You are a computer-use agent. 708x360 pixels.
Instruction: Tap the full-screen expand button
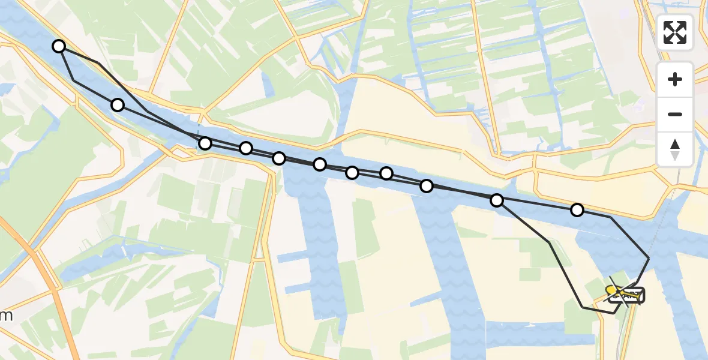pos(675,32)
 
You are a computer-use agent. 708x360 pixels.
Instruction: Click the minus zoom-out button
pos(675,114)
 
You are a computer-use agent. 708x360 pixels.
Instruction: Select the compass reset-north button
pos(675,149)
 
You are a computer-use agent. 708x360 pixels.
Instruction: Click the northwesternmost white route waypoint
pos(59,46)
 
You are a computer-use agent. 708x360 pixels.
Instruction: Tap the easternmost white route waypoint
pos(577,209)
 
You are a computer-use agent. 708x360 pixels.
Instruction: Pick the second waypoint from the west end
pos(118,105)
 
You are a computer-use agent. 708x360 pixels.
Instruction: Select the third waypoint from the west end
pos(205,143)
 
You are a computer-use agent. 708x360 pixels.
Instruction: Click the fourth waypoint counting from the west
pos(246,148)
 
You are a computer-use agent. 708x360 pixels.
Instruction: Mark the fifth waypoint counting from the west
pos(279,158)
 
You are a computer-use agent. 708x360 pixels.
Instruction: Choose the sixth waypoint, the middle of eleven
pos(320,164)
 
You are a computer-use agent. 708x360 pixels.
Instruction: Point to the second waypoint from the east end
pos(497,200)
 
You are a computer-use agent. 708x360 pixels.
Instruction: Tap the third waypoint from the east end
pos(427,186)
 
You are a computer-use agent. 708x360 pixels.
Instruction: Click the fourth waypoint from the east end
pos(386,173)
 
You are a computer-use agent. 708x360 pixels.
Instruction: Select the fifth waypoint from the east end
pos(352,173)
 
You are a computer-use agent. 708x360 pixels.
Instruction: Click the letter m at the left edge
pos(7,316)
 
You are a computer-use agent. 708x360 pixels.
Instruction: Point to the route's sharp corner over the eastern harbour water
pos(649,258)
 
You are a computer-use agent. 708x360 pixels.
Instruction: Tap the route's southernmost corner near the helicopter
pos(613,313)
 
